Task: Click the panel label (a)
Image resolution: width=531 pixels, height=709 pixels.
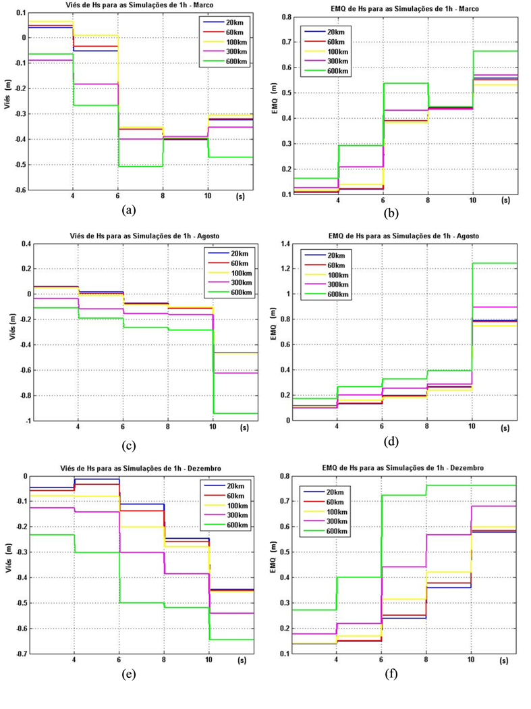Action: [129, 210]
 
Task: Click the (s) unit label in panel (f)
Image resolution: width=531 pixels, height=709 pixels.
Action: [503, 663]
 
